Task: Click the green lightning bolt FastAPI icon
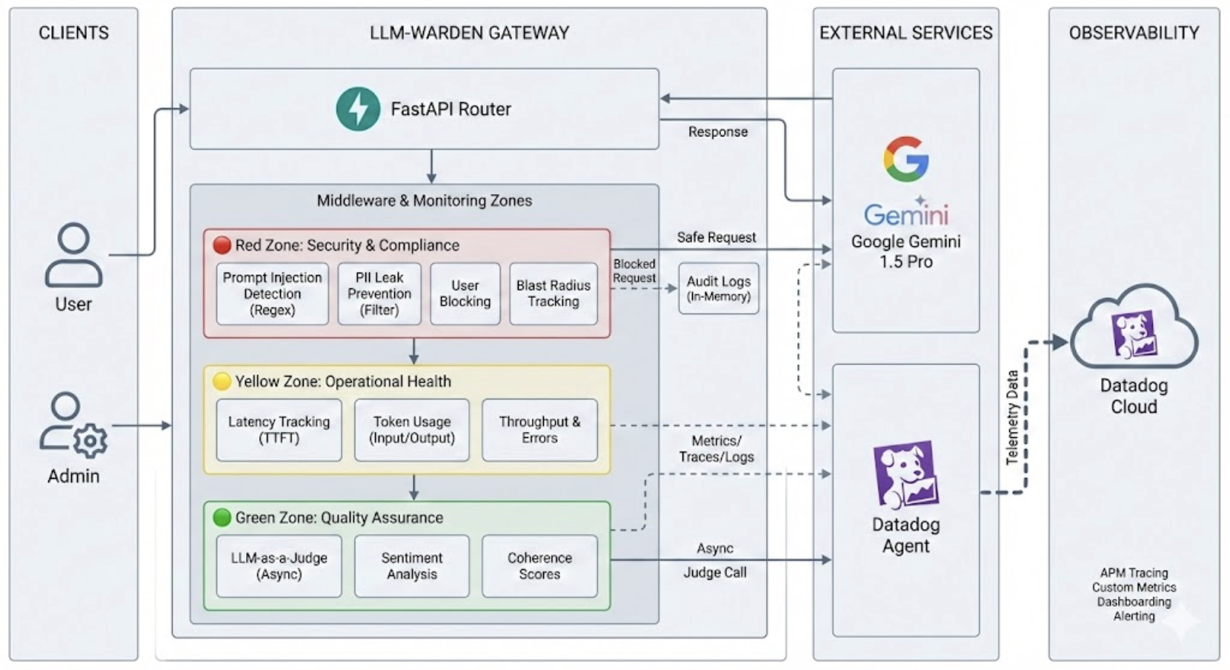point(358,109)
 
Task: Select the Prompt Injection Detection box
point(272,293)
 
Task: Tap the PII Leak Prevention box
point(379,293)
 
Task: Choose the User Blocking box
point(465,293)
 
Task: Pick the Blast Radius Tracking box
point(553,293)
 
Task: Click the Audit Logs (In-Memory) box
point(718,288)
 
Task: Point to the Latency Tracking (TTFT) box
point(279,430)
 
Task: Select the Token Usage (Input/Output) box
point(411,430)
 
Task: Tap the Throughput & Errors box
point(539,430)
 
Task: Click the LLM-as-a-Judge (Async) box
point(279,565)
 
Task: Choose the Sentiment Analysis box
point(411,565)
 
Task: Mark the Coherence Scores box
point(539,565)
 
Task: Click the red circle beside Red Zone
point(222,245)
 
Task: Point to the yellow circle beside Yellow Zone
point(222,381)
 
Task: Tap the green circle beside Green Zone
point(222,517)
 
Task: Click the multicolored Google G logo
point(905,159)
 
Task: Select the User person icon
point(73,255)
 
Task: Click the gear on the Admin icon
point(90,441)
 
